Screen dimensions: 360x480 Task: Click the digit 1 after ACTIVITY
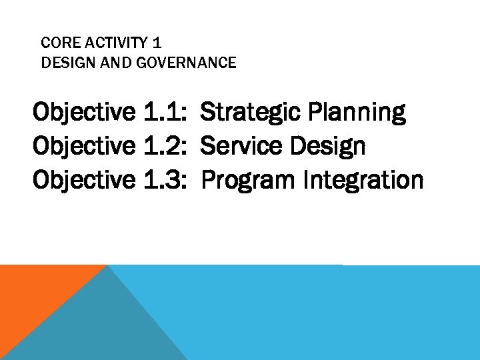pyautogui.click(x=157, y=43)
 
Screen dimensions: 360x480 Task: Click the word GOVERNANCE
pyautogui.click(x=179, y=63)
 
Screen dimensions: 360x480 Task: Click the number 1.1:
pyautogui.click(x=164, y=112)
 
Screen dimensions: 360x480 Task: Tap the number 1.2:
pyautogui.click(x=164, y=145)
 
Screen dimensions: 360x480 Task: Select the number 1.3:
pyautogui.click(x=164, y=179)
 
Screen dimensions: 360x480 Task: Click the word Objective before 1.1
pyautogui.click(x=83, y=112)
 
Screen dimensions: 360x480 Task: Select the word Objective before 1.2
pyautogui.click(x=83, y=145)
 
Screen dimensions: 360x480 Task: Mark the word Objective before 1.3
pyautogui.click(x=83, y=179)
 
